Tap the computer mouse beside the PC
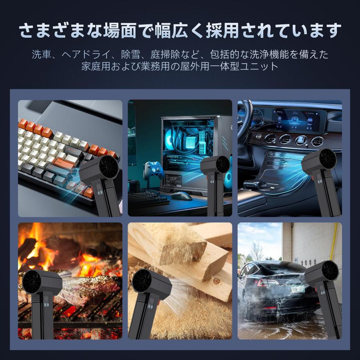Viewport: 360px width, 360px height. (181, 196)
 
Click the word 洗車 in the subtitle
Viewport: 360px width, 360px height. (42, 54)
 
